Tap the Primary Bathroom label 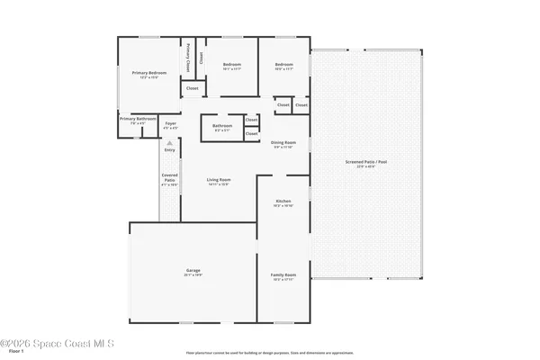tap(139, 119)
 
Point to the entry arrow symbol tap(169, 142)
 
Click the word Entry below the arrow tap(169, 150)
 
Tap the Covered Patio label tap(169, 177)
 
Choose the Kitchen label tap(283, 202)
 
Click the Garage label tap(193, 271)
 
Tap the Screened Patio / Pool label tap(365, 163)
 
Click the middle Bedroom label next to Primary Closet tap(232, 66)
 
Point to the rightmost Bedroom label tap(284, 66)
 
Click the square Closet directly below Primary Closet tap(192, 88)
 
